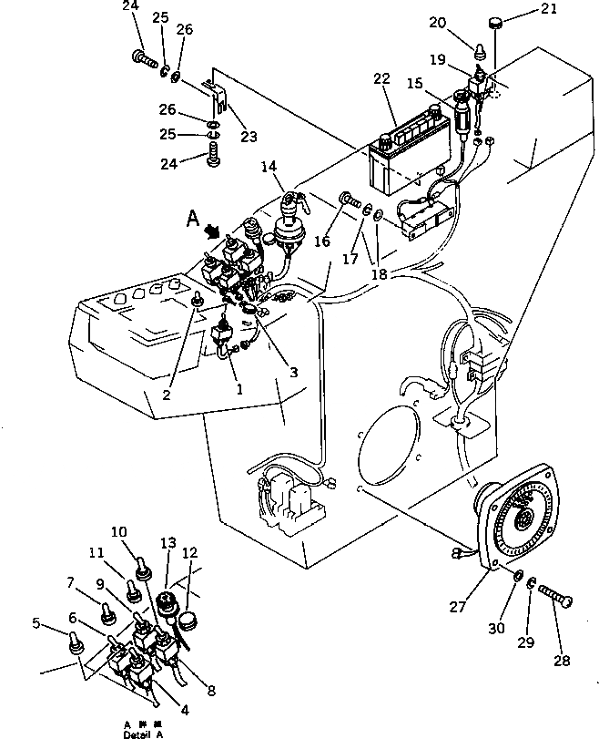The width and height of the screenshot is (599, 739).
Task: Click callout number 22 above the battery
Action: click(381, 80)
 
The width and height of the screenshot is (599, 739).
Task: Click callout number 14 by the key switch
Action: click(268, 167)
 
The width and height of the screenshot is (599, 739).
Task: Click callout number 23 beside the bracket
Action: click(248, 137)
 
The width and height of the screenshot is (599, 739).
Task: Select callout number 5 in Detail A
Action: click(36, 623)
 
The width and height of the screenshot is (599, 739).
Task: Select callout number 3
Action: click(293, 372)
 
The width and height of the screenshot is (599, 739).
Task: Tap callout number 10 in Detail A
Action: click(119, 531)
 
